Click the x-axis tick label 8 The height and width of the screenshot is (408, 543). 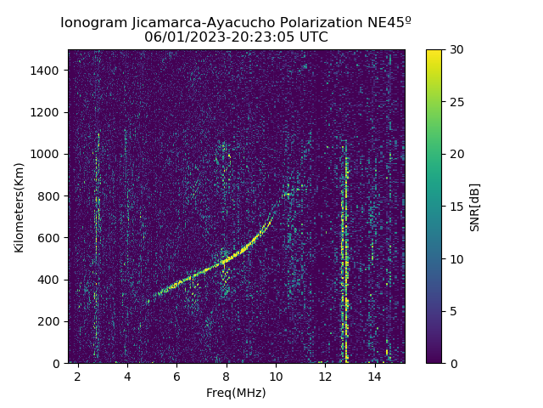click(x=227, y=376)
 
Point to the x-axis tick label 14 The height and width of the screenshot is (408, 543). click(x=374, y=376)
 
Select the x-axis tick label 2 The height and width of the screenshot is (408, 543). click(x=78, y=376)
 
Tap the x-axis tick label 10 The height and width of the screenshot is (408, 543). click(x=276, y=376)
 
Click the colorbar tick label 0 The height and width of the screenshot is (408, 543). click(x=451, y=363)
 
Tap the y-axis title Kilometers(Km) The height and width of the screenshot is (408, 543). click(x=19, y=207)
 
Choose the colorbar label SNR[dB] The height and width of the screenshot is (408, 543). click(x=475, y=207)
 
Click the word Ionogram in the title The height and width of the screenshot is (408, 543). click(x=92, y=23)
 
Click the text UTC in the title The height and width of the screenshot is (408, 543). click(x=311, y=37)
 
